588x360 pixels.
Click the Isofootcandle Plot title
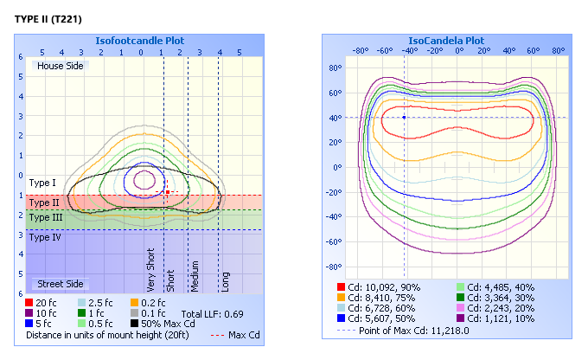click(x=139, y=41)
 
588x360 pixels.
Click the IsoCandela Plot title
click(x=446, y=41)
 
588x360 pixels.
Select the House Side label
click(x=60, y=66)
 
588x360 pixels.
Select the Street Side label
click(x=60, y=284)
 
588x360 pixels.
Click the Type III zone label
click(x=45, y=218)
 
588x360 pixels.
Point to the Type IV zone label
click(x=44, y=236)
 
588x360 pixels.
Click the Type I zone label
click(x=42, y=183)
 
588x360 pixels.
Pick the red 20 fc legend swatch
click(x=31, y=303)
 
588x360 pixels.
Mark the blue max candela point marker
click(x=404, y=117)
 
